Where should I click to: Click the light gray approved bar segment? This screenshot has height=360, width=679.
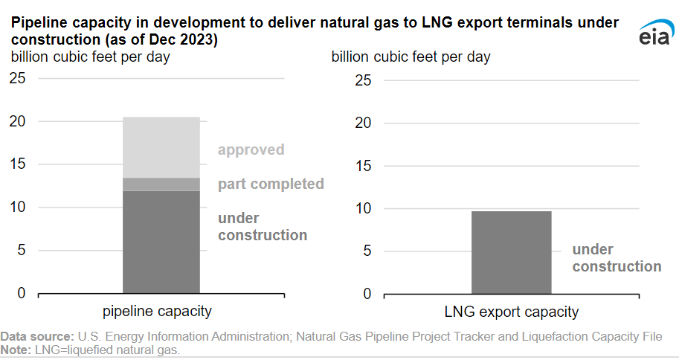click(x=161, y=147)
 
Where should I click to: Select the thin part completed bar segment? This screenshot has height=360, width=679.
click(x=161, y=184)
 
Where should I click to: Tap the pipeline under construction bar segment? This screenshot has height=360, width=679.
click(x=161, y=242)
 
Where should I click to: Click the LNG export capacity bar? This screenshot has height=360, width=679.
click(x=512, y=252)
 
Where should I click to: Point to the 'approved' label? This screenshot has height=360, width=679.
click(x=251, y=150)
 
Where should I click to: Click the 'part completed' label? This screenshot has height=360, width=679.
click(x=271, y=184)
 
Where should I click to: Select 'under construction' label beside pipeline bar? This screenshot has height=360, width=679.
click(x=262, y=227)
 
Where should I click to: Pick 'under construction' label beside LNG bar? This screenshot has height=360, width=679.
click(x=616, y=258)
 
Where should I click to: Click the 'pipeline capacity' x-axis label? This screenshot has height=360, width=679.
click(x=157, y=312)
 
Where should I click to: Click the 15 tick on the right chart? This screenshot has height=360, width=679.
click(x=363, y=165)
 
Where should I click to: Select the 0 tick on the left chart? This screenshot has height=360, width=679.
click(x=22, y=293)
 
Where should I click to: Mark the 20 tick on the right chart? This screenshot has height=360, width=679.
click(x=363, y=123)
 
